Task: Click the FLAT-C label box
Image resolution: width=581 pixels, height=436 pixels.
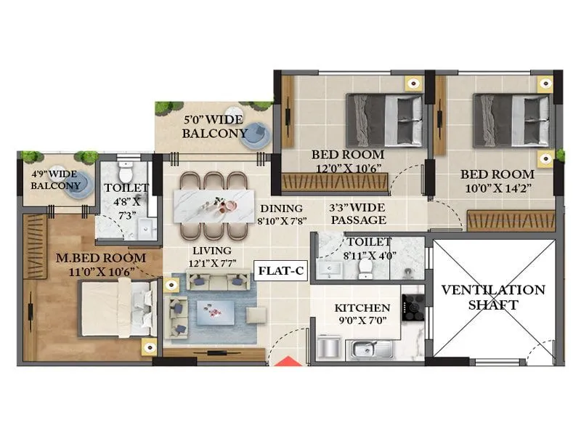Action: tap(281, 272)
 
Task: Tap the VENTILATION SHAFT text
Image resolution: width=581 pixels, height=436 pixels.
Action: tap(493, 297)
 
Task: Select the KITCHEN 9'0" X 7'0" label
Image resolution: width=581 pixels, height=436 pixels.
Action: tap(362, 315)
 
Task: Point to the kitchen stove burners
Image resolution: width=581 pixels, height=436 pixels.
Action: tap(413, 307)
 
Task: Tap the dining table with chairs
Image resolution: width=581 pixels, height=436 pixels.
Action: tap(214, 204)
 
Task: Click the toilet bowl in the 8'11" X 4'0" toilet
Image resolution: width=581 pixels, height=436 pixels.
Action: tap(365, 267)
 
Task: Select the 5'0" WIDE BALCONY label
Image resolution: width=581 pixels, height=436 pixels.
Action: tap(215, 126)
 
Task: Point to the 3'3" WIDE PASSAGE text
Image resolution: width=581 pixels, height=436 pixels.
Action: tap(357, 213)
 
